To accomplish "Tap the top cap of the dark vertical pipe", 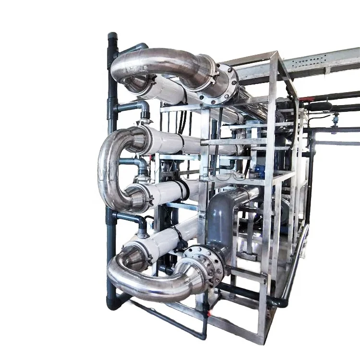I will (112, 36).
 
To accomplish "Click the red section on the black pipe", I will (307, 100).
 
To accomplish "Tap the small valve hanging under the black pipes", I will (335, 118).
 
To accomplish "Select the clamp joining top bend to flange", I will (211, 72).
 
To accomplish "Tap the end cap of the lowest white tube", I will (132, 250).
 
